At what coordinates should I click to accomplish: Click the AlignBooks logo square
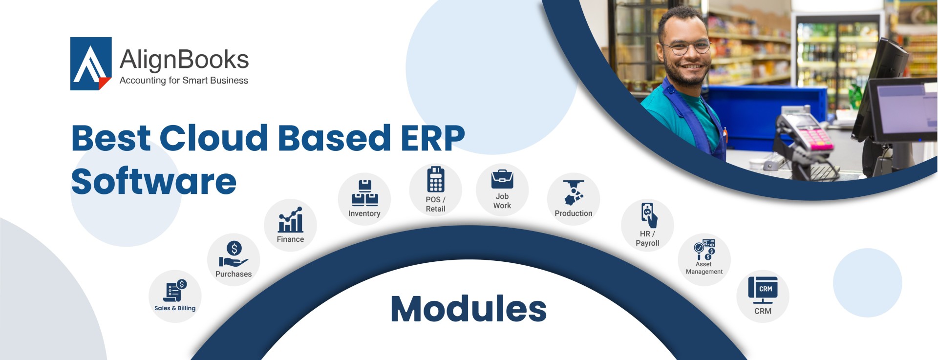point(91,64)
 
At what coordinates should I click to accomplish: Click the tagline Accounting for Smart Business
point(184,81)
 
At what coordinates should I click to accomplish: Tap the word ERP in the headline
point(432,138)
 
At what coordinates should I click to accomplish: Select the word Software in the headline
point(154,181)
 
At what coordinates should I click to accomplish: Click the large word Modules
point(469,309)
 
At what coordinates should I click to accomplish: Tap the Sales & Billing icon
point(175,291)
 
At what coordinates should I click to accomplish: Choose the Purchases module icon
point(234,254)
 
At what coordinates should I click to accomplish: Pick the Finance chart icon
point(291,220)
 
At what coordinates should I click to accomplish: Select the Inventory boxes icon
point(364,193)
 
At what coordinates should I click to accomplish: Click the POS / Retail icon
point(436,180)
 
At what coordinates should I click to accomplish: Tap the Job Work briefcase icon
point(502,179)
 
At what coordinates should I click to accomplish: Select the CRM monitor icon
point(763,290)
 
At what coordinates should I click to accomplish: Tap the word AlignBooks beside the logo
point(184,60)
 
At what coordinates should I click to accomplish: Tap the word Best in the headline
point(111,138)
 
